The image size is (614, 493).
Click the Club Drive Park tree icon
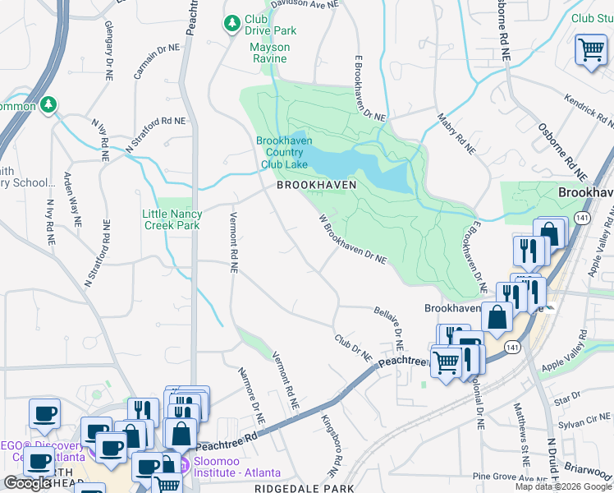(x=233, y=22)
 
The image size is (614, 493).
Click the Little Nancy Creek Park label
(x=172, y=219)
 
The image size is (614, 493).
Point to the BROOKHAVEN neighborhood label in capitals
(x=317, y=186)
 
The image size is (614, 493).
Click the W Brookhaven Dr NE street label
(x=351, y=239)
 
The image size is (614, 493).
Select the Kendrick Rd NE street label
(x=588, y=110)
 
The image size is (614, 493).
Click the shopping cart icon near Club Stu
(x=590, y=51)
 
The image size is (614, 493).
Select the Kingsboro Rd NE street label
(x=330, y=449)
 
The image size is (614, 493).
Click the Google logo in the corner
(x=28, y=483)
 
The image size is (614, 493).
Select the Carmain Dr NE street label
(x=157, y=60)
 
